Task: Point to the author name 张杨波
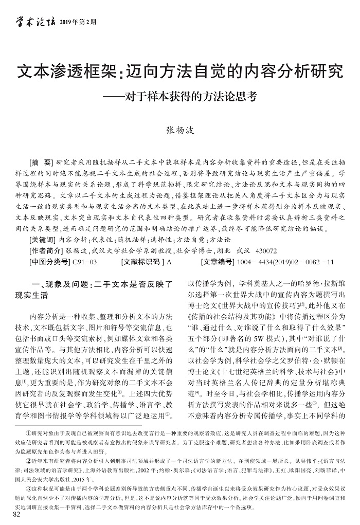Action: point(179,130)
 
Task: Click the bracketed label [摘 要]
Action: point(45,160)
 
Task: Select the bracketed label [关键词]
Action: point(44,240)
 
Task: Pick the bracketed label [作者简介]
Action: point(47,251)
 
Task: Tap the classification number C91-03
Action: point(85,262)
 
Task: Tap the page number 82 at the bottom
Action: point(17,514)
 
